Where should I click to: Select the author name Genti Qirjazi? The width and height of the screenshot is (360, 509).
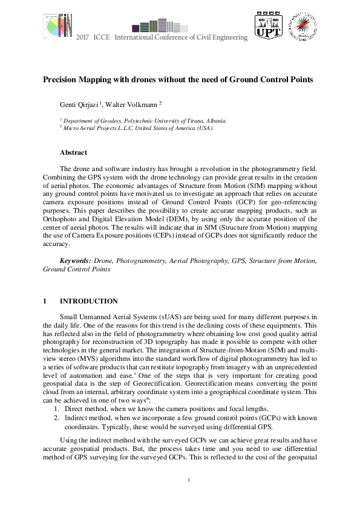[x=79, y=105]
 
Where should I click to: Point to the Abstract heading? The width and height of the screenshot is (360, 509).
[x=73, y=152]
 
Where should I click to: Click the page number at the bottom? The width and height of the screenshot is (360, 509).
[x=189, y=481]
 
